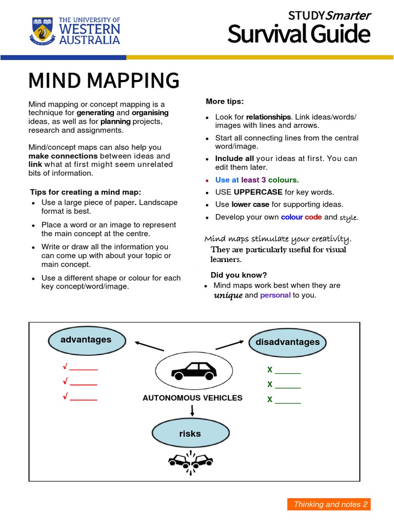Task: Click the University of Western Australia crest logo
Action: tap(42, 31)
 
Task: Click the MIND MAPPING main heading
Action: tap(104, 80)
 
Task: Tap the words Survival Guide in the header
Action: tap(299, 35)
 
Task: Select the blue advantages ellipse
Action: tap(86, 340)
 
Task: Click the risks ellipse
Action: tap(190, 434)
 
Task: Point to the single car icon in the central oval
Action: tap(193, 371)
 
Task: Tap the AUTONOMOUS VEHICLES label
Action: tap(192, 398)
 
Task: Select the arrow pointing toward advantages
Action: tap(149, 345)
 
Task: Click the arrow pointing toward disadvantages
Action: tap(229, 345)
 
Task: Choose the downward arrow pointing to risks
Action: tap(192, 410)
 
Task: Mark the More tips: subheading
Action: tap(225, 101)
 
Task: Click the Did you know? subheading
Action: tap(239, 274)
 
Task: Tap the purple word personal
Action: tap(275, 295)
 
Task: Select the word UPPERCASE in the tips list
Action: tap(258, 192)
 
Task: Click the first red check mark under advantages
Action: tap(65, 368)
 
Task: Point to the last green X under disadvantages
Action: tap(270, 399)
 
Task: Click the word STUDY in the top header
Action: tap(307, 15)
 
